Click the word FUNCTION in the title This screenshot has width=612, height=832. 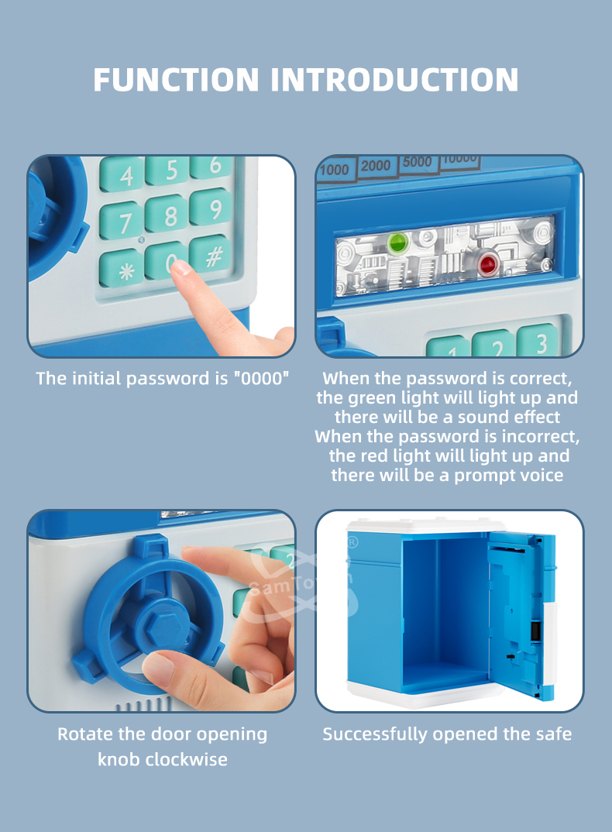pos(176,80)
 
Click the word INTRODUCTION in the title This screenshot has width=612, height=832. pos(394,80)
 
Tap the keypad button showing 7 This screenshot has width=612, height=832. pos(122,221)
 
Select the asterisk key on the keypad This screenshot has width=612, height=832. pos(122,269)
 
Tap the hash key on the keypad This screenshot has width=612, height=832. pos(211,255)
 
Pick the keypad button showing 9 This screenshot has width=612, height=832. pos(211,207)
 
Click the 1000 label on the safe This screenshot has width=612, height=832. pos(335,170)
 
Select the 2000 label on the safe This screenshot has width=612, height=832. pos(376,166)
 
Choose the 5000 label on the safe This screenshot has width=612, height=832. pos(418,162)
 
